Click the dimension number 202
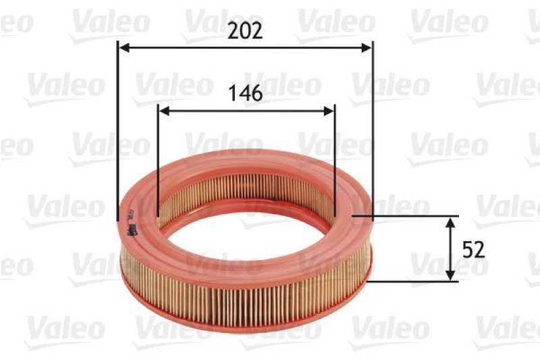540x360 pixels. point(244,31)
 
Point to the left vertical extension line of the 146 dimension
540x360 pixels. point(157,162)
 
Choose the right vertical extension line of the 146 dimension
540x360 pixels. point(335,162)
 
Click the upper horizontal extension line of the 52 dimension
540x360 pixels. point(405,217)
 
